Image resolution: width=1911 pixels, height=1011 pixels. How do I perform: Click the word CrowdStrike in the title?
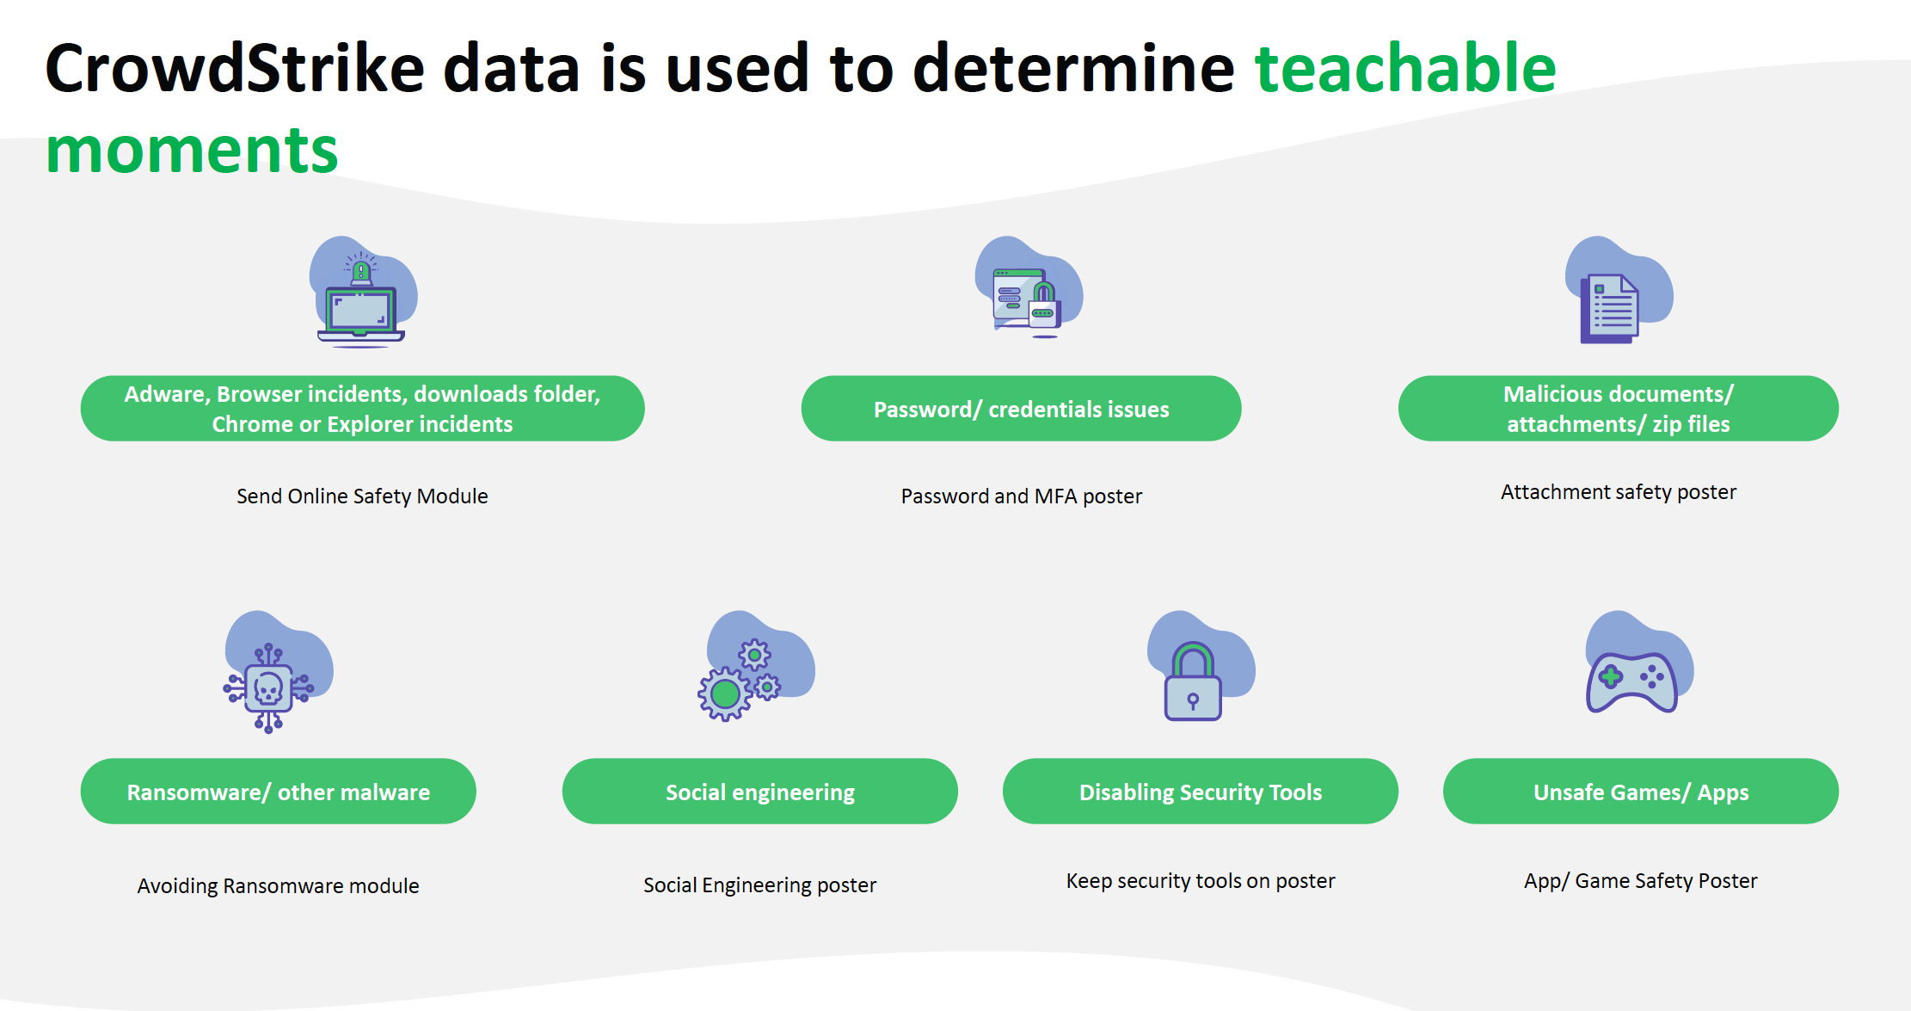[235, 68]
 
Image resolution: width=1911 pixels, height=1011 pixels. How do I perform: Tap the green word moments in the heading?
[192, 150]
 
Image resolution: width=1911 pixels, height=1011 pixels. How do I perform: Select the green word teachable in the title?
[1405, 68]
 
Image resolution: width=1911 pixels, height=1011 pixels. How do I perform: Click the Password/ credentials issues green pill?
[1021, 409]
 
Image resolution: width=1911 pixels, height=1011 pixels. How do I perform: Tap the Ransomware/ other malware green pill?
[278, 792]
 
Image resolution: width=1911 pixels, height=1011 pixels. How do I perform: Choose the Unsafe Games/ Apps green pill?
[1641, 792]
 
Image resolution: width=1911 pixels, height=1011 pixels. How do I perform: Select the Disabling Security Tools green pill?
[1201, 792]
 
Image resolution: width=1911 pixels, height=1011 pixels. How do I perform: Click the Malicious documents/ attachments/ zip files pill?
[1619, 409]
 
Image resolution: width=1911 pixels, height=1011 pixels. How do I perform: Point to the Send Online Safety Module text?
[362, 496]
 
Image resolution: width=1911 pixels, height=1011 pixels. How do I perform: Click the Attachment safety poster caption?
[1619, 492]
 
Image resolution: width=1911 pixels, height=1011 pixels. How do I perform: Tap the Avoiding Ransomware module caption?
[278, 886]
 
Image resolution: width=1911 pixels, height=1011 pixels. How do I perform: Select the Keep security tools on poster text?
[1201, 881]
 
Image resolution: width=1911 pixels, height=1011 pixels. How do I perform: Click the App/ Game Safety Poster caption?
[1641, 881]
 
